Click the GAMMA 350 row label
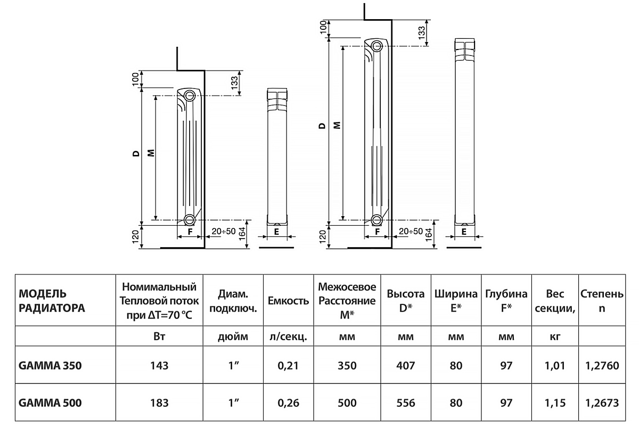(x=50, y=365)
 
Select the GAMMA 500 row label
(x=50, y=403)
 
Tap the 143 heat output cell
(x=159, y=365)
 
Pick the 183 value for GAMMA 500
(x=159, y=403)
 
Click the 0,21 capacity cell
(x=288, y=365)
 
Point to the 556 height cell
(x=406, y=403)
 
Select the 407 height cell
(x=406, y=365)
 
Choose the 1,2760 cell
(x=602, y=365)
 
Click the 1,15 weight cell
(x=555, y=403)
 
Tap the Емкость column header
(x=288, y=301)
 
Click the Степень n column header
(x=602, y=301)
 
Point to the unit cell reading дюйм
(x=233, y=337)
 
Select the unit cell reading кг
(x=555, y=337)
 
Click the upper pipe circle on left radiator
(x=190, y=96)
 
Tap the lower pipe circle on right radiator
(x=377, y=220)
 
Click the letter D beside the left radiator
(x=136, y=153)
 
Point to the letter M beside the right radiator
(x=337, y=125)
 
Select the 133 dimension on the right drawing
(x=421, y=33)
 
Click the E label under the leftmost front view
(x=276, y=232)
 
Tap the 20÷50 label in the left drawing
(x=224, y=232)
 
